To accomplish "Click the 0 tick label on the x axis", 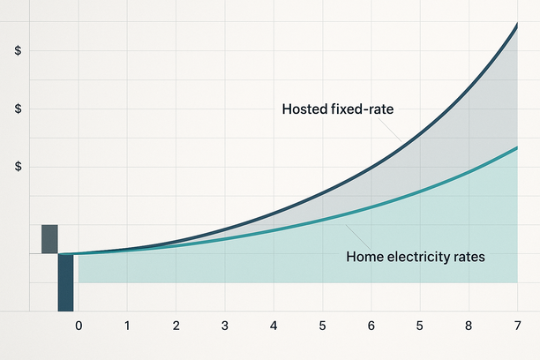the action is pyautogui.click(x=79, y=326).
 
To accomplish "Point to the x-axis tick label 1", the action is pyautogui.click(x=127, y=326).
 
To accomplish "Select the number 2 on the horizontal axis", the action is pyautogui.click(x=176, y=326).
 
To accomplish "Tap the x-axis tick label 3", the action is pyautogui.click(x=225, y=326).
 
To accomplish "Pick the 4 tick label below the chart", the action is pyautogui.click(x=274, y=326).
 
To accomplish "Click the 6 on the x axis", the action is pyautogui.click(x=371, y=326).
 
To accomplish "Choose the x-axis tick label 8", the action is pyautogui.click(x=469, y=326).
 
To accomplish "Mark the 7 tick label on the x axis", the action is pyautogui.click(x=517, y=326).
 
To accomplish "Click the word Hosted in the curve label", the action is pyautogui.click(x=304, y=109).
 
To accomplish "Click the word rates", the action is pyautogui.click(x=469, y=258).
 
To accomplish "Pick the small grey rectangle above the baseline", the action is pyautogui.click(x=49, y=239).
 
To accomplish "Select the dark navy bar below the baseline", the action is pyautogui.click(x=65, y=282).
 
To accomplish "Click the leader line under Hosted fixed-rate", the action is pyautogui.click(x=389, y=130).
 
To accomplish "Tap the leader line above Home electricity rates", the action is pyautogui.click(x=358, y=237).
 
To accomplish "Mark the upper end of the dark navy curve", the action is pyautogui.click(x=517, y=24).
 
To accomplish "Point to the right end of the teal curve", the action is pyautogui.click(x=517, y=147).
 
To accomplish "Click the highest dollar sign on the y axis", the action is pyautogui.click(x=18, y=50).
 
